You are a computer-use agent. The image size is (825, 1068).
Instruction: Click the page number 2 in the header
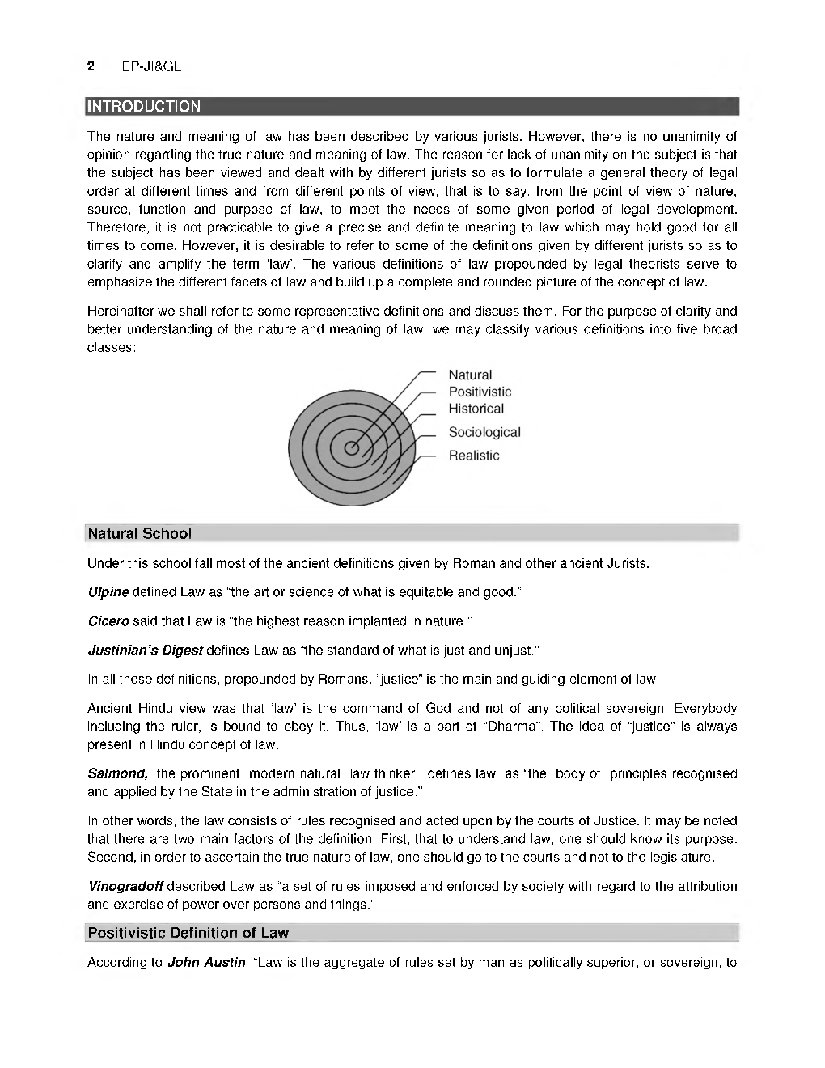[91, 66]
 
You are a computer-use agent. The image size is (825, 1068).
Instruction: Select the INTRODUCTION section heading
[144, 106]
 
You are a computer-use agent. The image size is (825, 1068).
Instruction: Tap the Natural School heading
[139, 533]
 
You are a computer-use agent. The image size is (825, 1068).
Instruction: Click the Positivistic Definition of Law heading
[188, 933]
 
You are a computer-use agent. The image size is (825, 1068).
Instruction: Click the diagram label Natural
[470, 375]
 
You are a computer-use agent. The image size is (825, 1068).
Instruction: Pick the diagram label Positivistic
[480, 392]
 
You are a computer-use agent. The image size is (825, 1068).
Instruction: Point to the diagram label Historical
[476, 409]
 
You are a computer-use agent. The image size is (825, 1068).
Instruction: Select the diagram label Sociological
[484, 432]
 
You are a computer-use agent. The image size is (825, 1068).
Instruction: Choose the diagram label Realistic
[474, 456]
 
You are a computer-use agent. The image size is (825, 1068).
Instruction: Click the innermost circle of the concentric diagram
[352, 448]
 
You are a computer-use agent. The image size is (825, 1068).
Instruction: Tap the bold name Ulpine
[108, 591]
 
